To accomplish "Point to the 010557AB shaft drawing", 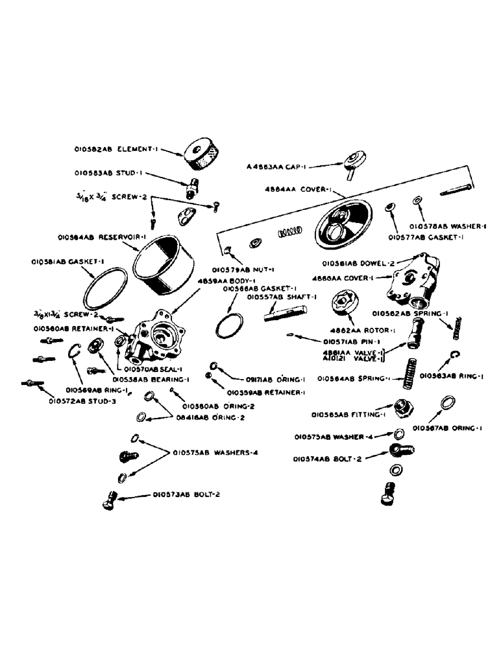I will pos(282,312).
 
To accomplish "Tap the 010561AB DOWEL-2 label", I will pos(354,264).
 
